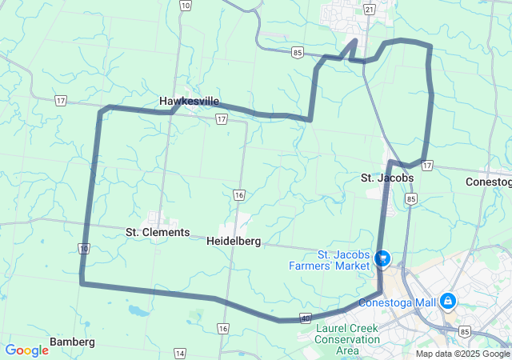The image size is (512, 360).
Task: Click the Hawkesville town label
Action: (189, 101)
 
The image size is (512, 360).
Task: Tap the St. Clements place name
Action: (158, 232)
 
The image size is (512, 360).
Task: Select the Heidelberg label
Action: (234, 240)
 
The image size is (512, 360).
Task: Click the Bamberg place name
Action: (72, 342)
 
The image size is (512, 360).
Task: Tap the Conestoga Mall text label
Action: (397, 302)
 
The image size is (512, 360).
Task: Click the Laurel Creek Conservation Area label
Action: (347, 339)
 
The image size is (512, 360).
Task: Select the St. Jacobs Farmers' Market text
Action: (345, 260)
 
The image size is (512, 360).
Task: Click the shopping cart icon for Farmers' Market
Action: (382, 258)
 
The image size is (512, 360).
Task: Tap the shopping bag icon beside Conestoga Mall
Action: (448, 302)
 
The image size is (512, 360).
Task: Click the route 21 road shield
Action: (368, 8)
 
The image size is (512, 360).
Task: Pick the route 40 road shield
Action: (306, 318)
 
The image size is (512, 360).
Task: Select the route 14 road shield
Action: (179, 353)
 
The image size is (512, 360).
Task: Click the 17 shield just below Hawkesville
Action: (221, 118)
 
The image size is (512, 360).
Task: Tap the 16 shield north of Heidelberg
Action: (239, 194)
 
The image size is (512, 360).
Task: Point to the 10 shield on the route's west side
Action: (84, 250)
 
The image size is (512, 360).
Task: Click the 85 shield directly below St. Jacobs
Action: (410, 198)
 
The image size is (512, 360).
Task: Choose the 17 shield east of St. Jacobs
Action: (428, 166)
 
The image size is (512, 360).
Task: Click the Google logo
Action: (26, 350)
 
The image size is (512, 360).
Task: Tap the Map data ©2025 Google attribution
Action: (462, 354)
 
